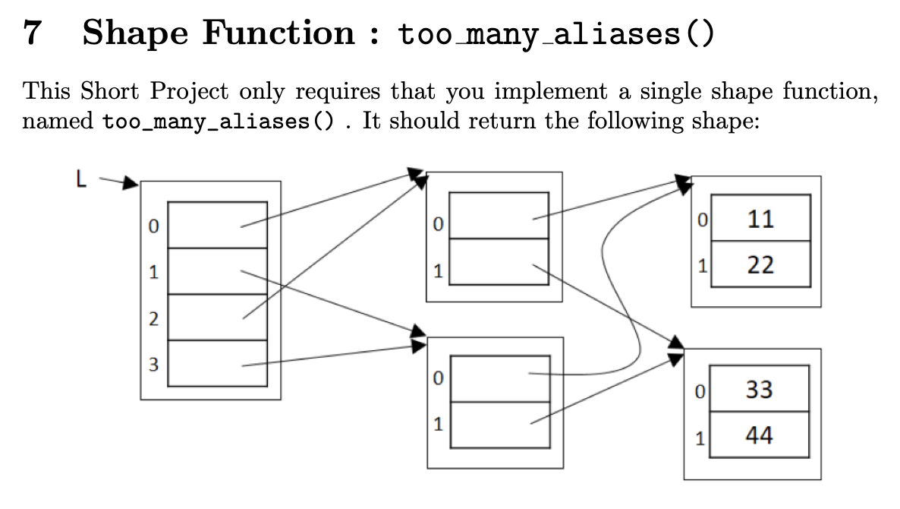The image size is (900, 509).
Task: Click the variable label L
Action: click(x=81, y=179)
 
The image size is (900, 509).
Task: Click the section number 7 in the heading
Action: click(x=33, y=33)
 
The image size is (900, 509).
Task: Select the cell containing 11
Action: click(x=760, y=219)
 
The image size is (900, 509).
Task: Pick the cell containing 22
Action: click(x=760, y=265)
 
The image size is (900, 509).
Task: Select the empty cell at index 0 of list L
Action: click(x=217, y=225)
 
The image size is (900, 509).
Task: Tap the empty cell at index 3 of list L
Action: click(x=217, y=364)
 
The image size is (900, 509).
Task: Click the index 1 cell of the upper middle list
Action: click(x=499, y=262)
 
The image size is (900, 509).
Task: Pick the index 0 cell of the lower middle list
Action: click(x=499, y=378)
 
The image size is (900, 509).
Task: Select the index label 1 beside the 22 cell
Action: click(x=703, y=267)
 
